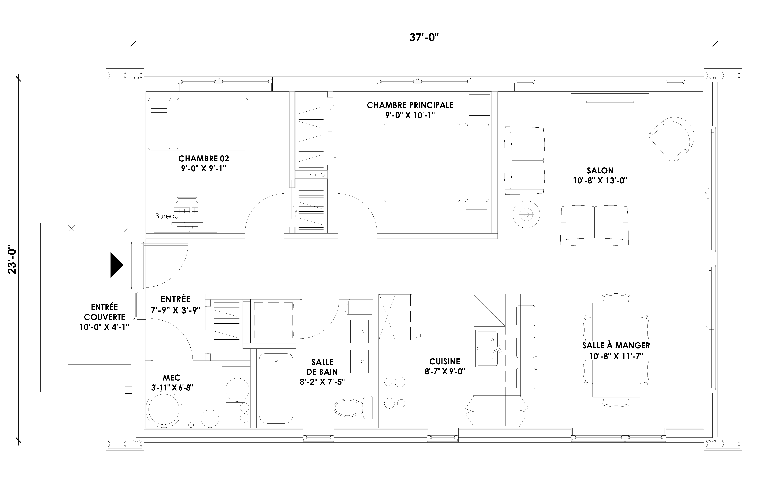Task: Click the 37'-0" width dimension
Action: pyautogui.click(x=424, y=38)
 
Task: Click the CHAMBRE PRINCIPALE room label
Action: pyautogui.click(x=410, y=105)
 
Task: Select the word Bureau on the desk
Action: pyautogui.click(x=167, y=216)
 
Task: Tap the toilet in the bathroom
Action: pyautogui.click(x=354, y=408)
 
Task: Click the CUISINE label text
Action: pyautogui.click(x=445, y=361)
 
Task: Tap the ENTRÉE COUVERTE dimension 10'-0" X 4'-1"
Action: pyautogui.click(x=104, y=327)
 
